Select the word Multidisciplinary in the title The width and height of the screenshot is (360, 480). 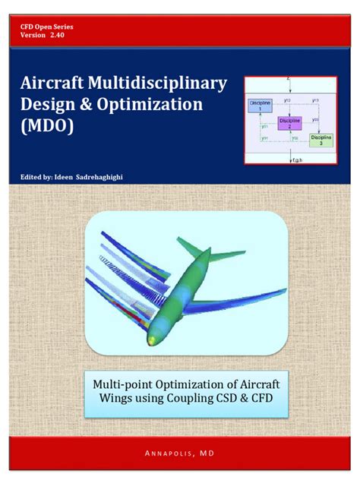[156, 83]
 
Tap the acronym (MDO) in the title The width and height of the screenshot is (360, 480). [49, 126]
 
